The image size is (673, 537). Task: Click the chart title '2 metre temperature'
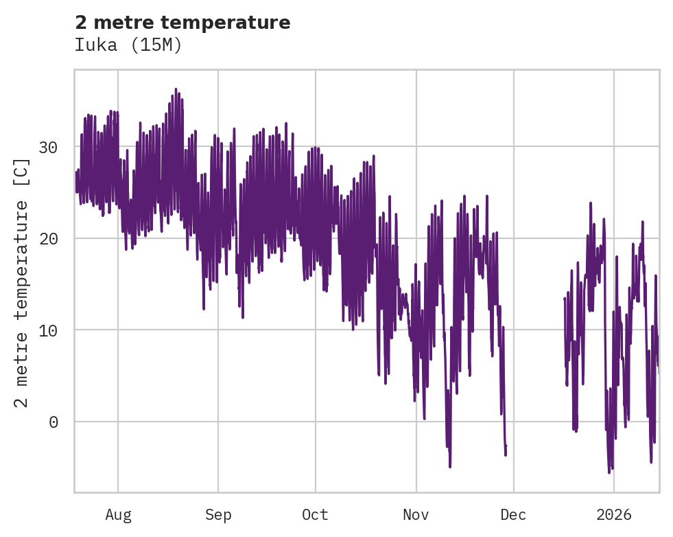click(x=182, y=23)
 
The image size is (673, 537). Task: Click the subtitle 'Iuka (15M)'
click(x=128, y=45)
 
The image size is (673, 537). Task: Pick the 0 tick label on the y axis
click(x=54, y=422)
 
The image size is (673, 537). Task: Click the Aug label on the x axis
click(x=118, y=515)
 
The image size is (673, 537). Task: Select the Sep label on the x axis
click(x=218, y=515)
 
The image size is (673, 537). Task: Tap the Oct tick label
click(x=316, y=515)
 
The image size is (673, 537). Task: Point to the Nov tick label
click(x=416, y=515)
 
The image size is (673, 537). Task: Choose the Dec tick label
click(x=514, y=515)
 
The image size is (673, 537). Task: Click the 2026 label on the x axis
click(x=614, y=515)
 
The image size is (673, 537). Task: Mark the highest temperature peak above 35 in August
click(x=176, y=89)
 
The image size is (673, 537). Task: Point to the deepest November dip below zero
click(x=450, y=466)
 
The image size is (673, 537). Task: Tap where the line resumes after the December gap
click(x=564, y=298)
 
